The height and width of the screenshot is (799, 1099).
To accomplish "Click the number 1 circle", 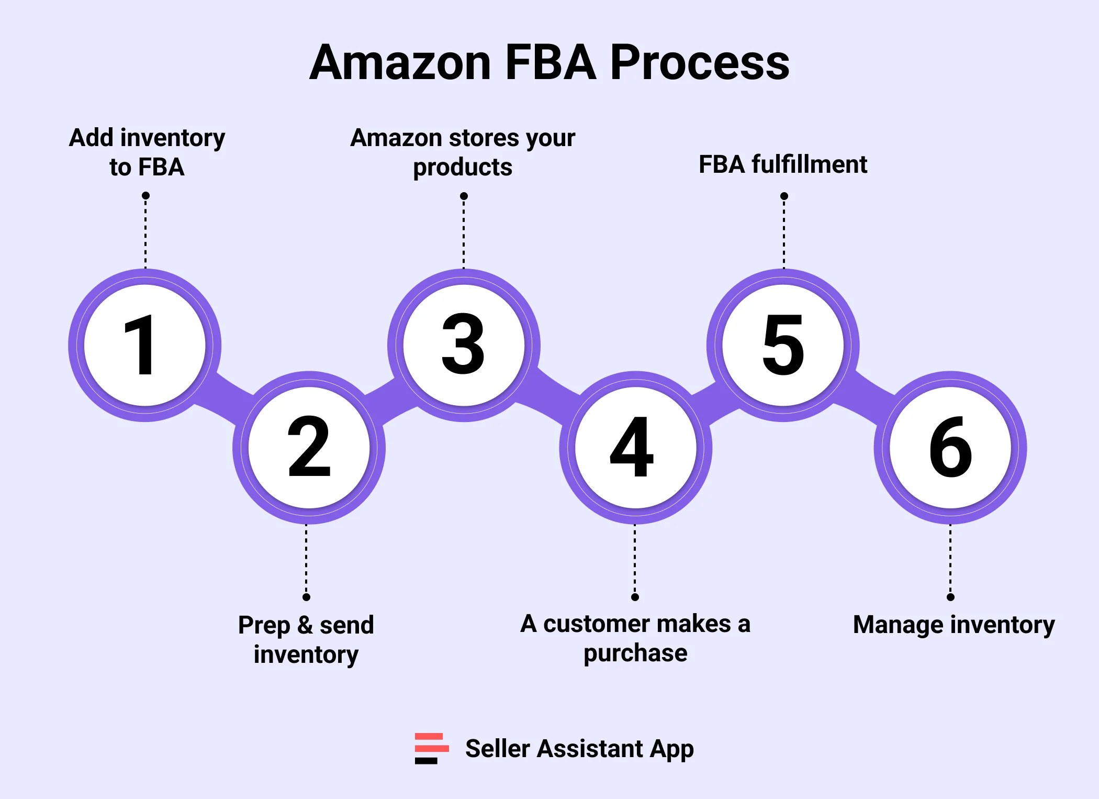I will point(145,346).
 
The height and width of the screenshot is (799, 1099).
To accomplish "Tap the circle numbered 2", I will point(309,448).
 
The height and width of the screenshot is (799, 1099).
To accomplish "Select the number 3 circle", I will point(464,346).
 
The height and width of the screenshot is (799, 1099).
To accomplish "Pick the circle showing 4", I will point(635,448).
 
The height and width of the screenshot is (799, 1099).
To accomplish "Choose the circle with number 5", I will point(783,346).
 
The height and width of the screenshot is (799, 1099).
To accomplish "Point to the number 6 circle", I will point(950,448).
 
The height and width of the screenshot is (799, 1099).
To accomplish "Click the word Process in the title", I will point(699,63).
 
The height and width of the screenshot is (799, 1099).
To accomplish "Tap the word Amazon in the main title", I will point(400,63).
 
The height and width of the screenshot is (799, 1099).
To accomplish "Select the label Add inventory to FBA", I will point(147,152).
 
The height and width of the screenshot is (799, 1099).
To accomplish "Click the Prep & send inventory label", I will point(306,639).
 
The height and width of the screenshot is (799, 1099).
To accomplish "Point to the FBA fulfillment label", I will point(783,164).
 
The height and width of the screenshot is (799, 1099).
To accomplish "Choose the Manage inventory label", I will point(954,625).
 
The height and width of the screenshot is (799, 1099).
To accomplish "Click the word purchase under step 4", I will point(635,653).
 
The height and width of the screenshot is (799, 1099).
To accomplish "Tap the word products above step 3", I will point(463,168).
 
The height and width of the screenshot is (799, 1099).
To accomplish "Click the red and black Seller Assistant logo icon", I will point(431,748).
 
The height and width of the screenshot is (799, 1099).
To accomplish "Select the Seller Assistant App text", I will point(579,749).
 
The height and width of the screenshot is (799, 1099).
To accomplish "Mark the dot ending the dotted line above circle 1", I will point(145,196).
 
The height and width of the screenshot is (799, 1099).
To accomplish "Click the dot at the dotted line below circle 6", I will point(950,597).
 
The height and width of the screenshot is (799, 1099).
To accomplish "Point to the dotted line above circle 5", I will point(783,233).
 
